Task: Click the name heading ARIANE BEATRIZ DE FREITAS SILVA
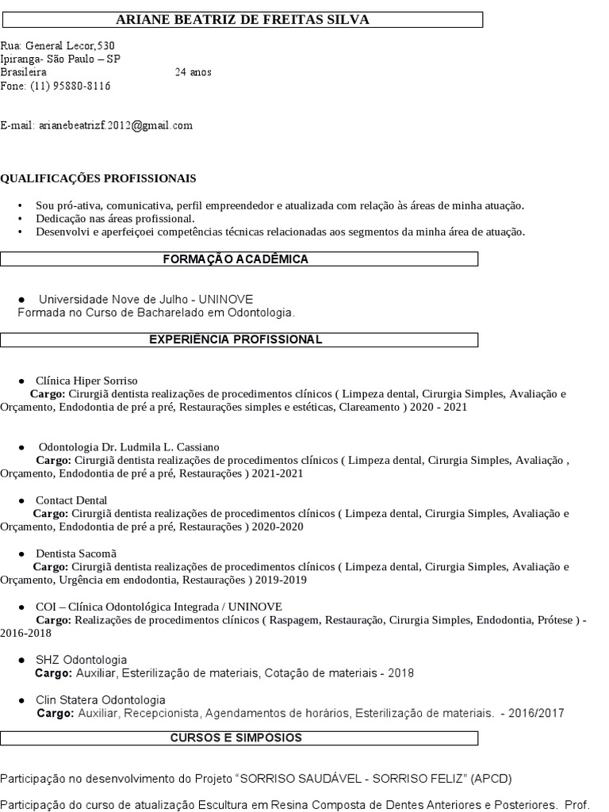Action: (x=243, y=20)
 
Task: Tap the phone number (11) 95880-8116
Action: (x=71, y=86)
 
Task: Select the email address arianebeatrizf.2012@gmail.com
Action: (x=116, y=125)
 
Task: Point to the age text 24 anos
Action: (x=193, y=72)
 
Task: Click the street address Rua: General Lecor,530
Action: (x=57, y=46)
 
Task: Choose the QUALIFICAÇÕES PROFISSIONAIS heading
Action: (x=98, y=178)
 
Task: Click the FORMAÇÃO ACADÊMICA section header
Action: (x=236, y=259)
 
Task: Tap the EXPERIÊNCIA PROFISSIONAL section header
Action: (x=236, y=339)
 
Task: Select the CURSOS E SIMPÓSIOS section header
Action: (x=236, y=737)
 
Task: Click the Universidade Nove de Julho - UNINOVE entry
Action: (x=146, y=299)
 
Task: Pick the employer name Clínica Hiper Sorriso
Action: (x=86, y=381)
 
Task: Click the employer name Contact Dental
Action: (x=71, y=500)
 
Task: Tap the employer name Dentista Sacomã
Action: (x=77, y=553)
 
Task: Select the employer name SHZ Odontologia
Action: (x=81, y=660)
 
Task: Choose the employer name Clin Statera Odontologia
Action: (x=101, y=699)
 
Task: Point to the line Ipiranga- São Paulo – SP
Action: (x=60, y=59)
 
